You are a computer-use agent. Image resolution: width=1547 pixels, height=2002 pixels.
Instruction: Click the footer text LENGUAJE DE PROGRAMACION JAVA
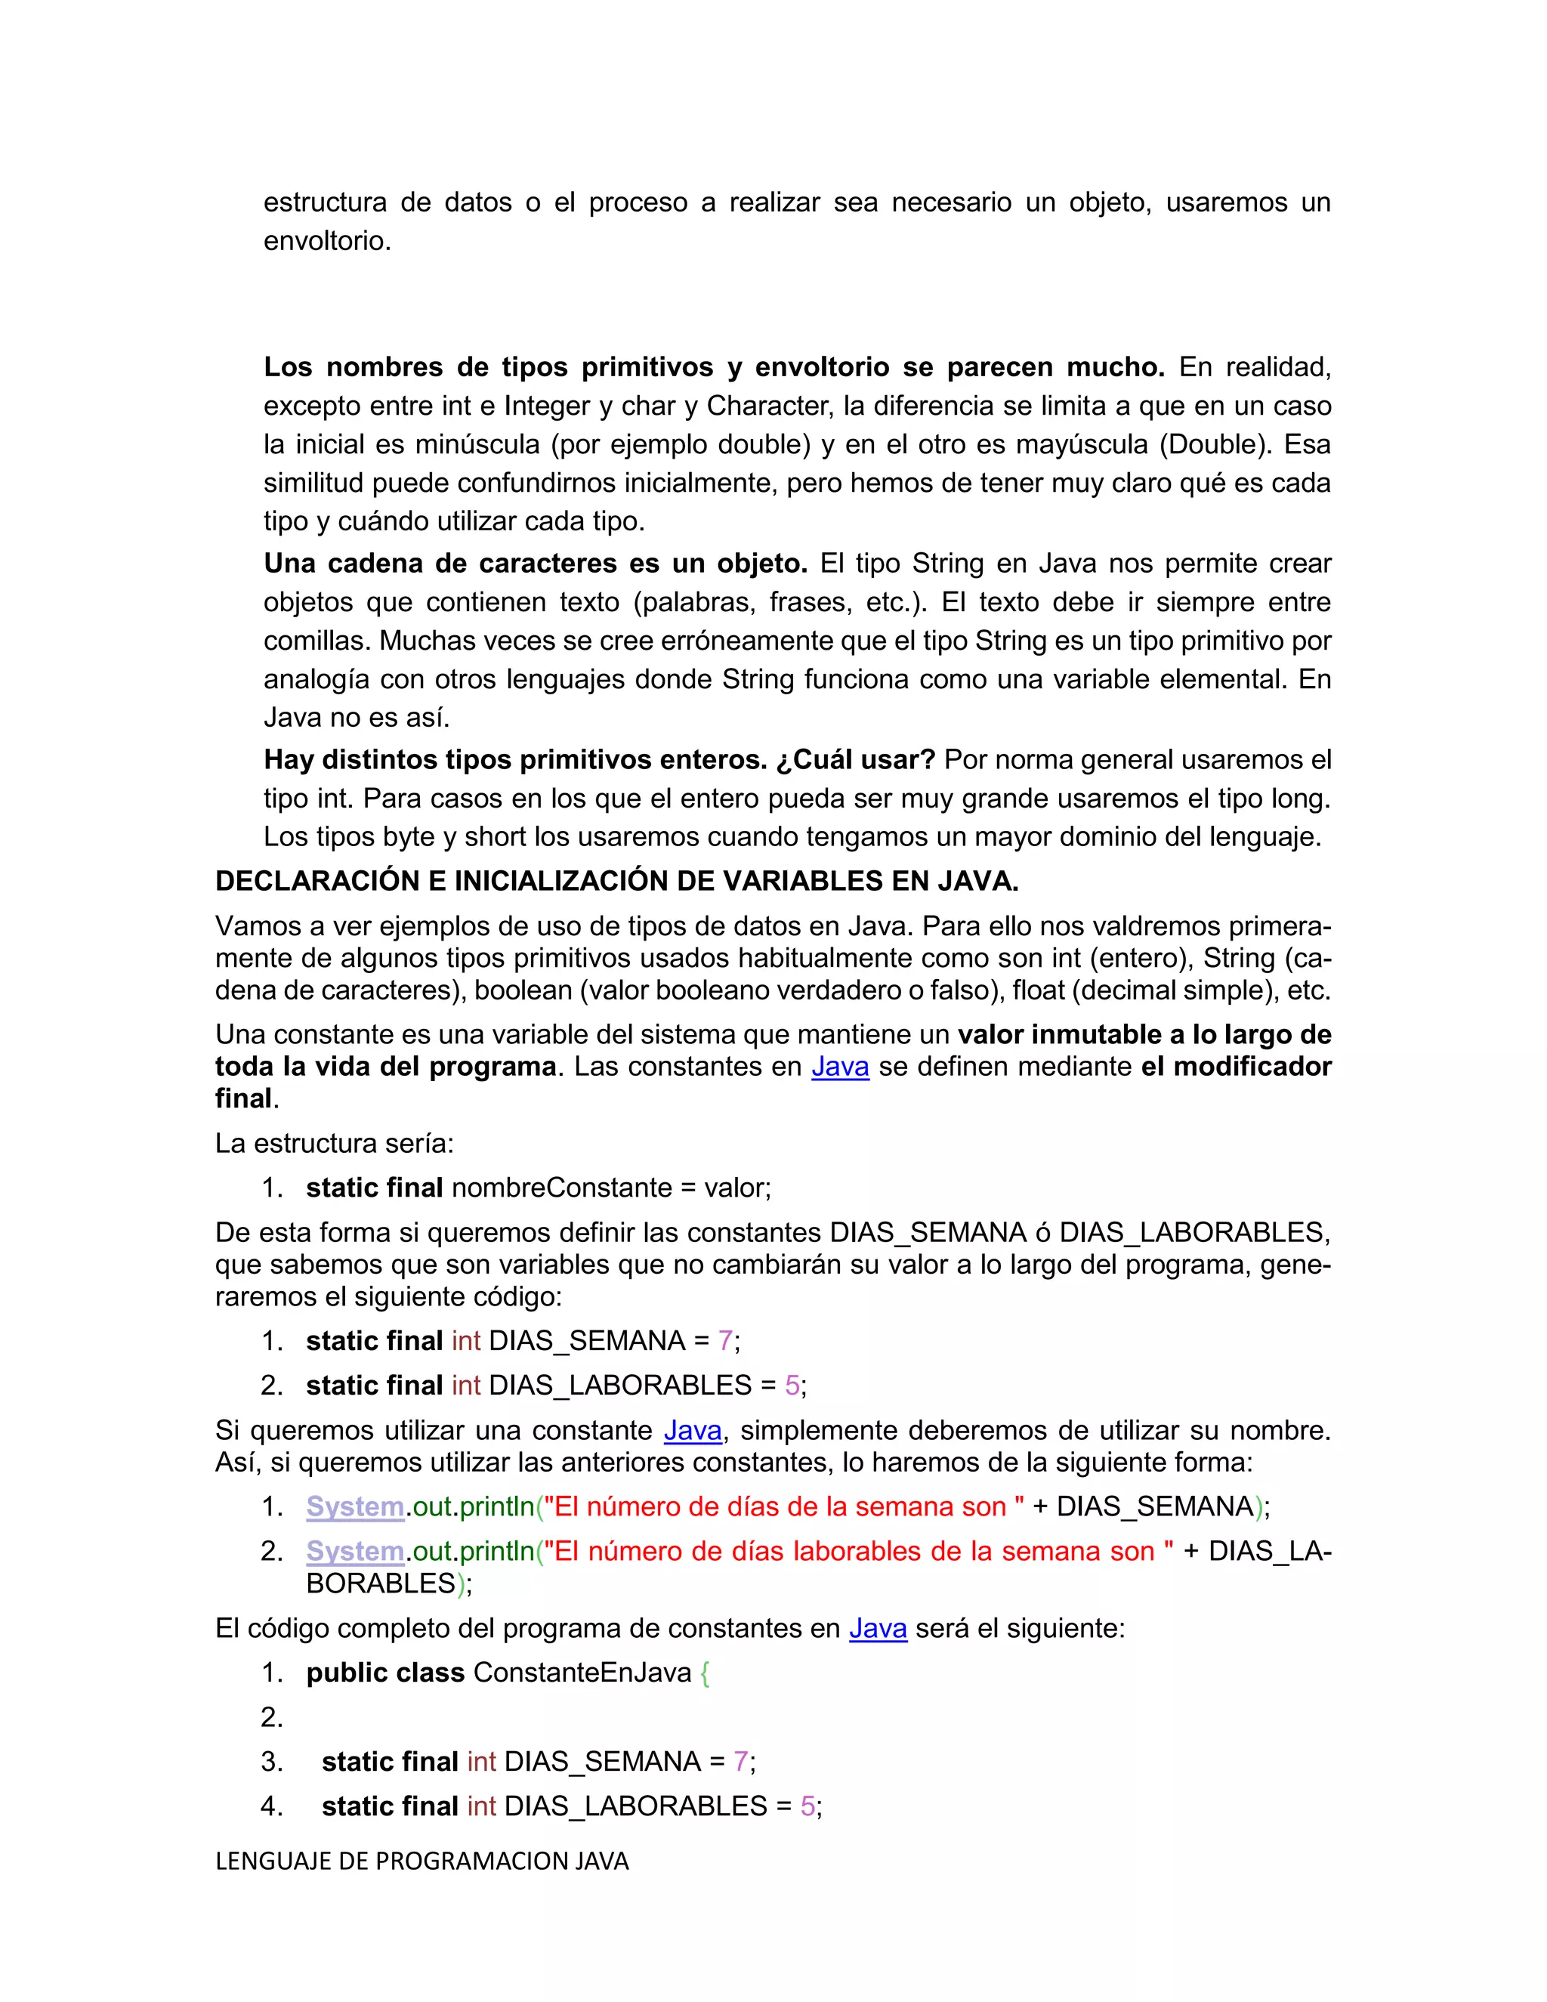421,1861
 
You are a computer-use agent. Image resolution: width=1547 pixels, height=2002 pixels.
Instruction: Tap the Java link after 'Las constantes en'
839,1067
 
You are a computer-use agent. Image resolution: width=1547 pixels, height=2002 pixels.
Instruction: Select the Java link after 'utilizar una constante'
692,1430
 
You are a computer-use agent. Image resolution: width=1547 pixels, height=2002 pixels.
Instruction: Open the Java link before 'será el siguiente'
877,1628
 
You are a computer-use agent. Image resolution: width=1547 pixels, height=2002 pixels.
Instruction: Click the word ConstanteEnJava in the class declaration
582,1673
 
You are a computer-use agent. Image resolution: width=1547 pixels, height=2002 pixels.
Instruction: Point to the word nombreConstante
562,1188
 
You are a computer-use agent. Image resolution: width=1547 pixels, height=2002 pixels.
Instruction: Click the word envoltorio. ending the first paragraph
327,241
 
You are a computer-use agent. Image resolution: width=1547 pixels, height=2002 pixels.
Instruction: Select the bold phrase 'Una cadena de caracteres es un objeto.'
536,563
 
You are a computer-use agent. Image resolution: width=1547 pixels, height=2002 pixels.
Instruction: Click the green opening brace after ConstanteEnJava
704,1673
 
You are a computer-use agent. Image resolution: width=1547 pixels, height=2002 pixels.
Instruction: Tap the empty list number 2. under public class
271,1717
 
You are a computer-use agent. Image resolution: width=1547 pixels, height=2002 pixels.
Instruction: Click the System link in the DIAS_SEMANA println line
355,1507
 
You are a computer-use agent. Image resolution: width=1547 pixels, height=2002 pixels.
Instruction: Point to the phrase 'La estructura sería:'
335,1144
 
